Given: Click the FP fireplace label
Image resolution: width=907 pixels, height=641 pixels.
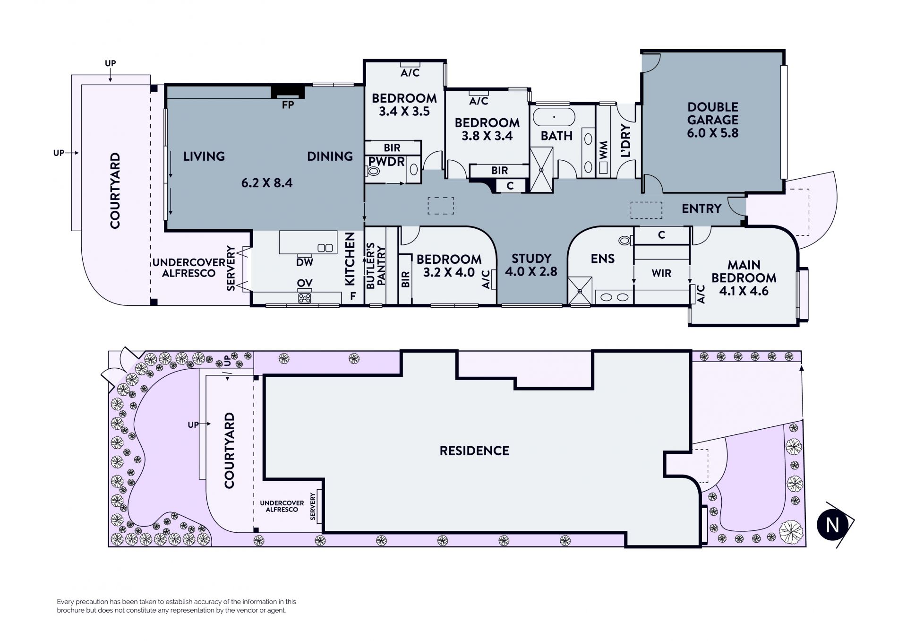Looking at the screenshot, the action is (x=288, y=105).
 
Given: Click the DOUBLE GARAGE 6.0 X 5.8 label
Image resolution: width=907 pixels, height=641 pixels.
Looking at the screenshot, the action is (x=713, y=120).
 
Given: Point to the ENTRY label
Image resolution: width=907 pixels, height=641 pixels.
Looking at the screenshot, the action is (x=702, y=208).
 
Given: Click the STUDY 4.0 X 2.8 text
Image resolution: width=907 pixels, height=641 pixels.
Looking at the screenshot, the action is (x=531, y=265).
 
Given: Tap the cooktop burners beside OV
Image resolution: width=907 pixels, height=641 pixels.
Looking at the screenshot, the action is (x=305, y=298).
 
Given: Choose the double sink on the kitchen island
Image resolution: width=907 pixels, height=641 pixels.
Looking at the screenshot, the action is (x=325, y=248).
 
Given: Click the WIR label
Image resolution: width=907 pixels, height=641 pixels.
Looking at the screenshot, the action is (x=661, y=273).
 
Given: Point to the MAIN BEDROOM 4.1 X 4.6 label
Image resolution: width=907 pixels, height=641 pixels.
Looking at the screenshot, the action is (x=744, y=278).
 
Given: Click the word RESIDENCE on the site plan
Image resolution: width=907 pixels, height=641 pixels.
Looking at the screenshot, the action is (x=474, y=450).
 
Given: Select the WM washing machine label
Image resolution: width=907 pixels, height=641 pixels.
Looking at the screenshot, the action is (x=604, y=151).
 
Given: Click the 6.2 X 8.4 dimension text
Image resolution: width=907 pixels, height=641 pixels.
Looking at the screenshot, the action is (x=267, y=183).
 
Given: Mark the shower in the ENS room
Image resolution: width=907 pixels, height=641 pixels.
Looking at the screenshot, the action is (x=580, y=290).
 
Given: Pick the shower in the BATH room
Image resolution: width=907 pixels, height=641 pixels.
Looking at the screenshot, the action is (x=541, y=170).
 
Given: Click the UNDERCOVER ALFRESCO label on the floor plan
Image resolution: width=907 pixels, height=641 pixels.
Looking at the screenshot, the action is (x=188, y=268).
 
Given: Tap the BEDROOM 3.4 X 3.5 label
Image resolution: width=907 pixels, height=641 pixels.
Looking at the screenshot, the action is (x=404, y=105).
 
